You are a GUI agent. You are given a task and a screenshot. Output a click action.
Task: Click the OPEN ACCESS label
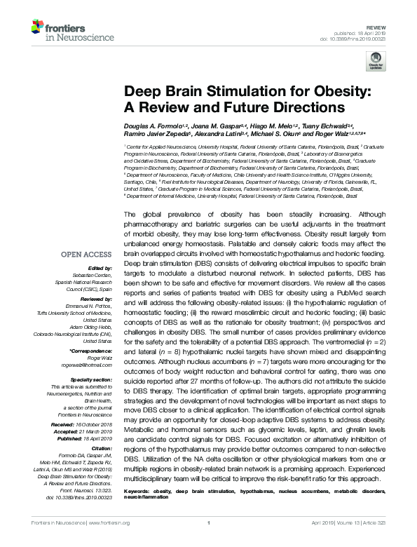pos(87,255)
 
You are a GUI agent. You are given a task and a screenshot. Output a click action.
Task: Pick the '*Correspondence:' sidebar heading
pos(93,349)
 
